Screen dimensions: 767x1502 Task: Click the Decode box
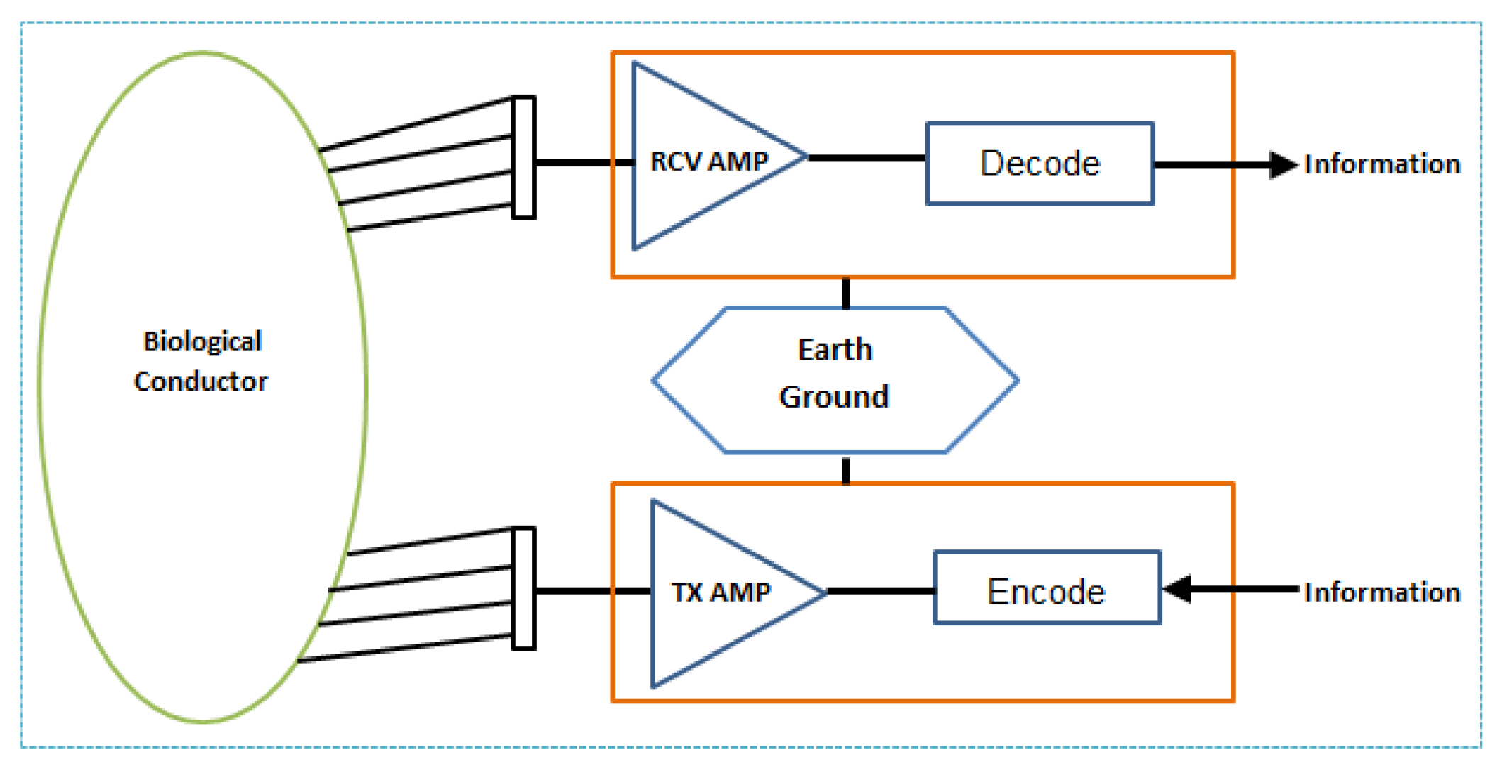1040,164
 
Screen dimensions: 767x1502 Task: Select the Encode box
1047,588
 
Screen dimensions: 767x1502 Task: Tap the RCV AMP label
709,162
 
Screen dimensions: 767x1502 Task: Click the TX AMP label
721,592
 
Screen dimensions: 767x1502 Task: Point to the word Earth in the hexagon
835,349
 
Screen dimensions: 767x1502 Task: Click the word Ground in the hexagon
834,396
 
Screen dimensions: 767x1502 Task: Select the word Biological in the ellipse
202,341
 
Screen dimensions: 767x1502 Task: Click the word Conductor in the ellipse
201,381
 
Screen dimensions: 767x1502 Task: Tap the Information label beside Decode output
1381,164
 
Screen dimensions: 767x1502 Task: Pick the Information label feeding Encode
1381,592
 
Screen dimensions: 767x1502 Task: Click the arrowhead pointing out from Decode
1282,164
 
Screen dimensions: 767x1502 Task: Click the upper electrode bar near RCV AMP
523,157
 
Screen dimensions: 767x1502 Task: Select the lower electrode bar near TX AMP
523,588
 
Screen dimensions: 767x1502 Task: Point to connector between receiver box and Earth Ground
845,293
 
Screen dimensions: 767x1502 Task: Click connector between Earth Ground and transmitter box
845,470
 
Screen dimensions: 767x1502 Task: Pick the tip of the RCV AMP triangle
805,156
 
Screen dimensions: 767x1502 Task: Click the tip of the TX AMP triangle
824,592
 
